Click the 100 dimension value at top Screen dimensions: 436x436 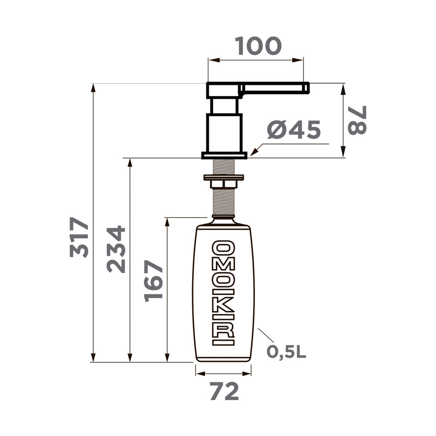click(x=258, y=46)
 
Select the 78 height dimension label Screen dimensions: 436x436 click(x=357, y=120)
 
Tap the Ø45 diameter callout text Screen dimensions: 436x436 click(x=294, y=130)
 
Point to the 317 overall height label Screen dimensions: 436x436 click(x=80, y=237)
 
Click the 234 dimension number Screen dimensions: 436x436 click(x=116, y=249)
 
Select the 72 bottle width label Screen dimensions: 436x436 click(x=224, y=392)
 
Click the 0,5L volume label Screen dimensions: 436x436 click(x=287, y=352)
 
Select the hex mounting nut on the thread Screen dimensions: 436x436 click(x=224, y=184)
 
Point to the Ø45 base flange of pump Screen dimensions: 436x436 click(x=224, y=155)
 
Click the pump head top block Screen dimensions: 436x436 click(x=223, y=90)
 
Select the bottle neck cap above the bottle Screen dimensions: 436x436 click(x=224, y=221)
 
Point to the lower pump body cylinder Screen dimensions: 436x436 click(x=224, y=132)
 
